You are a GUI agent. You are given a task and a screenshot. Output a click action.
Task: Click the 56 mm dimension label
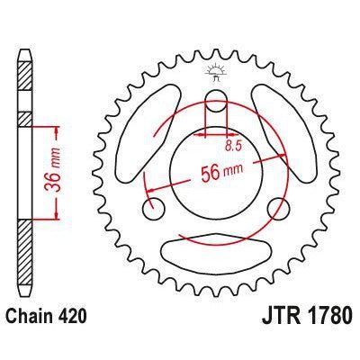[218, 170]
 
